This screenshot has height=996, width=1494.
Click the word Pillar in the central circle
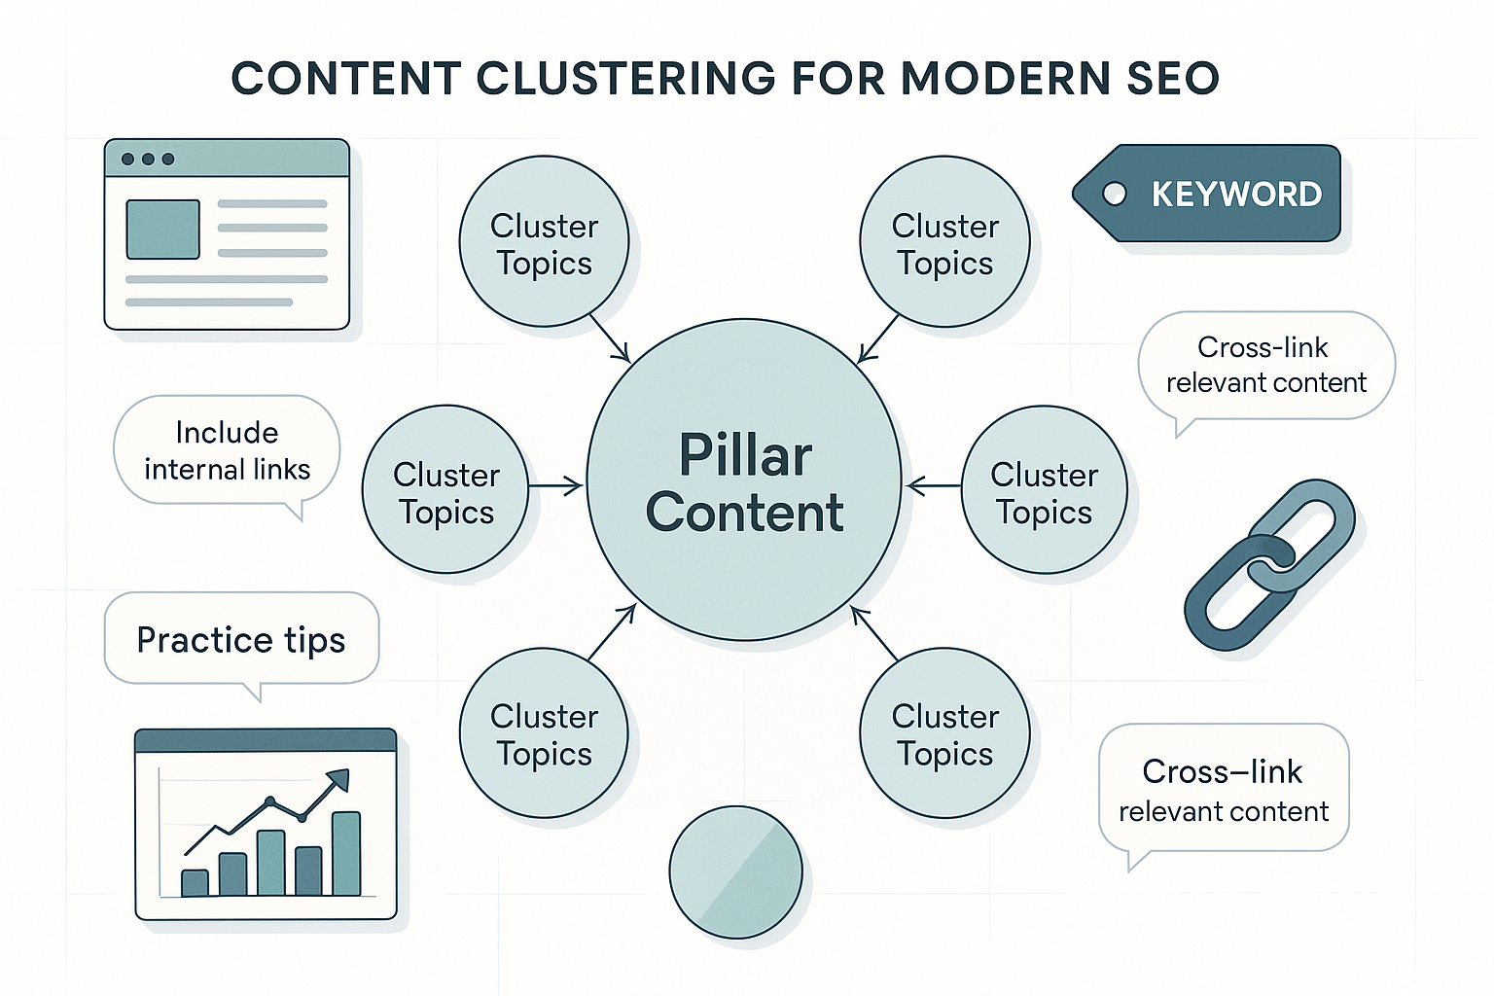tap(745, 455)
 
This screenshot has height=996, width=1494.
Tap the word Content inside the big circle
tap(745, 513)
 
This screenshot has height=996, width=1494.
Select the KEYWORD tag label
tap(1235, 195)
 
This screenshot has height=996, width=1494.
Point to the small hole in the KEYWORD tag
tap(1115, 195)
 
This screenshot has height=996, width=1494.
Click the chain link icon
tap(1269, 564)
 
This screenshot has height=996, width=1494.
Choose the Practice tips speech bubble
tap(241, 639)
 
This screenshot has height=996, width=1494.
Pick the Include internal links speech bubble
tap(227, 450)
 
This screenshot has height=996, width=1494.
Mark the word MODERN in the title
tap(1005, 79)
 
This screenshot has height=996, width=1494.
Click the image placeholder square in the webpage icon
tap(163, 230)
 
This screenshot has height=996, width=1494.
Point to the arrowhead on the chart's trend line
tap(338, 778)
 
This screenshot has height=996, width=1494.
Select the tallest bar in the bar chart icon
tap(346, 853)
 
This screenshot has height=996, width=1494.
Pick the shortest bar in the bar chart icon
tap(195, 882)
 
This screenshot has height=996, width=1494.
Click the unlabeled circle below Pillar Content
tap(735, 871)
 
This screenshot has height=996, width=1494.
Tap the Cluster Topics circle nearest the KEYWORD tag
tap(944, 242)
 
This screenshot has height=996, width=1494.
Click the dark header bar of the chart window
tap(266, 741)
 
